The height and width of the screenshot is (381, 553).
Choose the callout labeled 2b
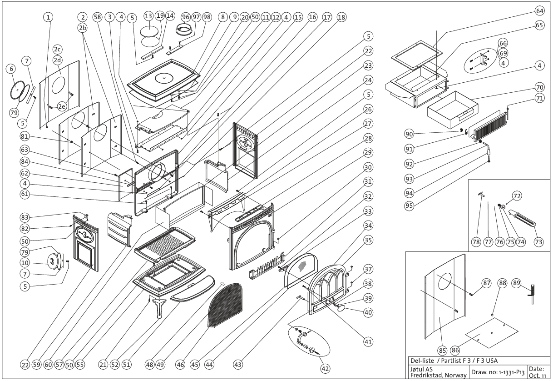click(82, 26)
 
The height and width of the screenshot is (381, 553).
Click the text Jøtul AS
click(421, 368)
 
